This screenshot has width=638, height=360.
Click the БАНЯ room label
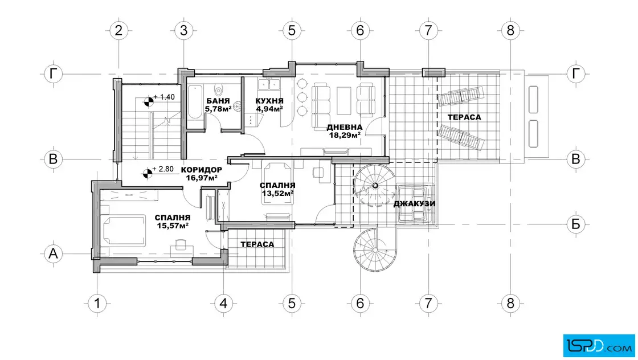(x=218, y=101)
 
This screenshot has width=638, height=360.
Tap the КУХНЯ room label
(x=269, y=101)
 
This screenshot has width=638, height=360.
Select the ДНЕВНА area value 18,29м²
(x=345, y=135)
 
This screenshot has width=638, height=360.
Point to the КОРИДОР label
(x=202, y=170)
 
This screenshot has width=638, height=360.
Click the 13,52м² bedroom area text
(x=278, y=193)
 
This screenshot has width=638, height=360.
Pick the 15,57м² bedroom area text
(x=173, y=226)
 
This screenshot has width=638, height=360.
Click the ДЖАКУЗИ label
(x=414, y=204)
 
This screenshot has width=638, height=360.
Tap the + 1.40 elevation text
(x=164, y=97)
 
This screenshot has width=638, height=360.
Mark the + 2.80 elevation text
(x=163, y=169)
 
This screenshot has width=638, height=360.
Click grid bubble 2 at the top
(x=119, y=31)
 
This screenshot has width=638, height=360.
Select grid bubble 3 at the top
(x=183, y=31)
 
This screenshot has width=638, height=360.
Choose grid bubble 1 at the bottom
(x=97, y=303)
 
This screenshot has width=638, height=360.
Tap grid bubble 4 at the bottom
(x=223, y=303)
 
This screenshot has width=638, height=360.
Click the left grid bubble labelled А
(x=54, y=254)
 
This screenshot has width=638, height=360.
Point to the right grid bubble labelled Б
(x=576, y=224)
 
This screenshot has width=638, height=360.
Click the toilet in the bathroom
(x=219, y=89)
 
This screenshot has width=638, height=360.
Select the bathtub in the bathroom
(x=196, y=102)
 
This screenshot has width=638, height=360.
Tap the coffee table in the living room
(x=344, y=100)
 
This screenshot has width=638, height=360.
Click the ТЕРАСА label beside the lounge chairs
(x=464, y=117)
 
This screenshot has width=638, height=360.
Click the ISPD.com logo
(x=599, y=346)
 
